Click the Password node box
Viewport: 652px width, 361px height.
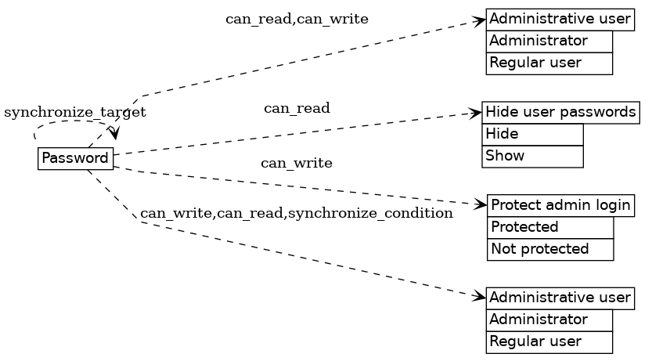click(x=75, y=158)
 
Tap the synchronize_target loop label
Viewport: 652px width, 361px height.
click(x=75, y=113)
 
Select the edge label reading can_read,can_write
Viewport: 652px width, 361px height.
click(x=297, y=19)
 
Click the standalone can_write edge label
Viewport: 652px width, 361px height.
click(x=297, y=164)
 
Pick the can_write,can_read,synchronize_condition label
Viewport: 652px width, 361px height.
click(x=297, y=213)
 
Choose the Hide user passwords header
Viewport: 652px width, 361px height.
click(x=560, y=113)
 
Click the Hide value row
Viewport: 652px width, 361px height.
click(x=532, y=135)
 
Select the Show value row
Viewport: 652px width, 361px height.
click(x=532, y=156)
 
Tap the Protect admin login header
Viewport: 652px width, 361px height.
click(x=560, y=205)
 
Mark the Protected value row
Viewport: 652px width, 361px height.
click(x=550, y=227)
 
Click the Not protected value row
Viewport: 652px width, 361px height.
click(x=550, y=249)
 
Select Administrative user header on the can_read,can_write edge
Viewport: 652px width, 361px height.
click(x=560, y=19)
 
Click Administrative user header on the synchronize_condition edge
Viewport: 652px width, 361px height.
click(x=560, y=298)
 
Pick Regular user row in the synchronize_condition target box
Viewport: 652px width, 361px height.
click(x=549, y=341)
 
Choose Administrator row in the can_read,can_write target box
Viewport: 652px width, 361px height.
click(x=549, y=41)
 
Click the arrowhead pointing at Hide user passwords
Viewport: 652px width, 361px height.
click(x=475, y=114)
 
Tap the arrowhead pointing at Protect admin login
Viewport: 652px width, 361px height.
click(x=481, y=205)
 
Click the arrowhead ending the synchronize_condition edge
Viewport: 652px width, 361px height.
click(x=480, y=297)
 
